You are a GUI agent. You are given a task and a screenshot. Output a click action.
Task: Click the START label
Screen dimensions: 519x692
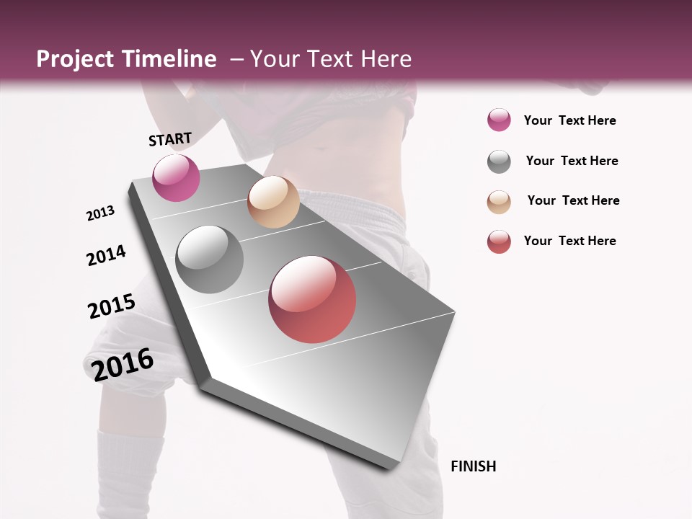[x=170, y=139]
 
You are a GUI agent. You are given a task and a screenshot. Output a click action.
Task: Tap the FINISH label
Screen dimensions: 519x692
[x=474, y=466]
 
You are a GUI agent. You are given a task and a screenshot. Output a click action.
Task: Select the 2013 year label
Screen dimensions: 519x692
[x=100, y=213]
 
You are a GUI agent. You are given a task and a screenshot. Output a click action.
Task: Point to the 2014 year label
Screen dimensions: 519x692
[x=106, y=256]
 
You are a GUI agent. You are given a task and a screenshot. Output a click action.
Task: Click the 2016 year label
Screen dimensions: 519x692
[x=123, y=365]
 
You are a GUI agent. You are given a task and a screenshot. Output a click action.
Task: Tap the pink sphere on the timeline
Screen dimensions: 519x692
[x=176, y=177]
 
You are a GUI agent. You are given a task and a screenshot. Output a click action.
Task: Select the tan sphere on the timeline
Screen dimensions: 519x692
[x=273, y=202]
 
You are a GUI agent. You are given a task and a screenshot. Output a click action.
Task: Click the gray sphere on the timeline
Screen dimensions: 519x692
[x=209, y=259]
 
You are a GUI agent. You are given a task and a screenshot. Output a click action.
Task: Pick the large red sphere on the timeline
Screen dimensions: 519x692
[x=312, y=299]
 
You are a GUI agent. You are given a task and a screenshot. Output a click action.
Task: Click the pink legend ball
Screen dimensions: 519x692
[x=499, y=120]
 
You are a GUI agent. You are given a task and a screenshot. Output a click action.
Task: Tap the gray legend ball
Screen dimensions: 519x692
[x=499, y=161]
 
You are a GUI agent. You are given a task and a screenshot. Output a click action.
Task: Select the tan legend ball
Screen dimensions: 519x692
[x=499, y=202]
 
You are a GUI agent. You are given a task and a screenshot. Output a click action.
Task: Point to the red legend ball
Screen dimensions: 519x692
[x=499, y=241]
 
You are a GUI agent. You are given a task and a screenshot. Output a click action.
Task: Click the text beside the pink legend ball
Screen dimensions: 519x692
[x=569, y=120]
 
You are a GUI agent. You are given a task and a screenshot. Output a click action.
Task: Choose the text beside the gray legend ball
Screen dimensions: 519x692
[x=572, y=161]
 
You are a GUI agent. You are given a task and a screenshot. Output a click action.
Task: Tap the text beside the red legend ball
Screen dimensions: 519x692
[x=569, y=241]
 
